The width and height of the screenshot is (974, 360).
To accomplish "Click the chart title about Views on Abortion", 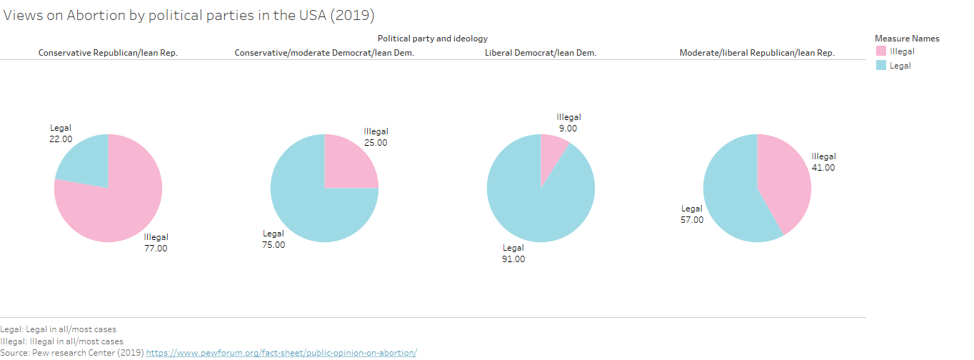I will (x=189, y=16).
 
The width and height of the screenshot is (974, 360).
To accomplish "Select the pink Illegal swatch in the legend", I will (x=880, y=51).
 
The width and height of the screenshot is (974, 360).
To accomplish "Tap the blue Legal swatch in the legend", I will (x=880, y=66).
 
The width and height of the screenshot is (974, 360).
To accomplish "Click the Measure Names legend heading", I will (x=907, y=39).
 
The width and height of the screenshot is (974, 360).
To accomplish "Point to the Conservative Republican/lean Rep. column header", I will (x=108, y=53).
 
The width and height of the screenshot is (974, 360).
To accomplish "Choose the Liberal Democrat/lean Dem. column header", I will (x=541, y=53).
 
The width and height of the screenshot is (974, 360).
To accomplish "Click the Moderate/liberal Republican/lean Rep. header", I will (x=757, y=53).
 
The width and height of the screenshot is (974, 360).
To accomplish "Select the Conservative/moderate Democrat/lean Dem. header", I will (x=324, y=53).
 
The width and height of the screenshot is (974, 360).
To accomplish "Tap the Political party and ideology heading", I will (x=433, y=39).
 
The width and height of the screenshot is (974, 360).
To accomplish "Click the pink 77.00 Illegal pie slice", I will (x=114, y=211).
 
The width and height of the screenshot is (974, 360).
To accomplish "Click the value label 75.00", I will (x=273, y=245).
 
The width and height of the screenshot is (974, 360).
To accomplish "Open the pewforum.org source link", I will (x=281, y=353).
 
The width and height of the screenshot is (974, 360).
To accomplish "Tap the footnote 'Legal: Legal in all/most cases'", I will (x=59, y=329).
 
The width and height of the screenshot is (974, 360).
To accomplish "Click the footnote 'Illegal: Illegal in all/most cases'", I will (x=62, y=341).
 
